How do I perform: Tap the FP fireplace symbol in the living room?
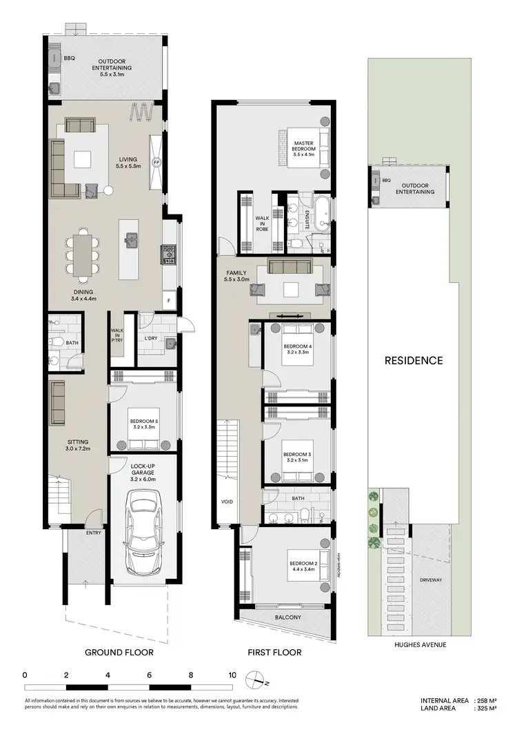point(156,163)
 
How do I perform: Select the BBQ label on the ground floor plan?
point(69,59)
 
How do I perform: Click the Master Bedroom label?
point(303,149)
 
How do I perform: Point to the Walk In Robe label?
point(263,222)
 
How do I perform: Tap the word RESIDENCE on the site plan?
point(414,360)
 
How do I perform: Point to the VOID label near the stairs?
point(227,502)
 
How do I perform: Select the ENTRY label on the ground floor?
point(94,533)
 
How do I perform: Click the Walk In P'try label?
point(117,335)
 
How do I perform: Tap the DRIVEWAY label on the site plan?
point(432,580)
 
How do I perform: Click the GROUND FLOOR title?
point(119,652)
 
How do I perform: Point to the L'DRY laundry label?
point(152,338)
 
